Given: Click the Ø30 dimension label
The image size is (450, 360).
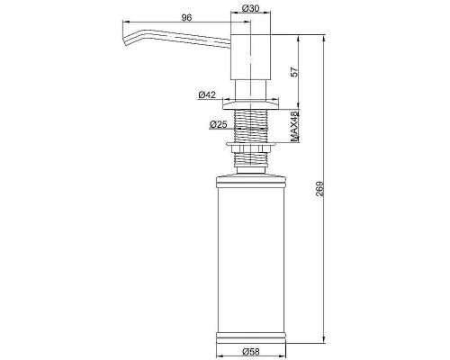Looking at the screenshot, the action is (250, 9).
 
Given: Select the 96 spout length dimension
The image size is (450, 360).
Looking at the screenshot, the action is (186, 18).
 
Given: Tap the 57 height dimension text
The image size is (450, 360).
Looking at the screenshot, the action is (295, 72).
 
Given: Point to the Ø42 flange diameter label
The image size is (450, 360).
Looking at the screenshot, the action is (207, 95).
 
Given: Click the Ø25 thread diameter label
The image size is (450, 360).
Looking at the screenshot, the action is (219, 124).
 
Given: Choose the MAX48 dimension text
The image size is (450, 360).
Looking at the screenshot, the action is (295, 126).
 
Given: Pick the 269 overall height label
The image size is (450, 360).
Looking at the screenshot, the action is (320, 189).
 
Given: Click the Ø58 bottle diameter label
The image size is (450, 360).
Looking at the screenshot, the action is (250, 351).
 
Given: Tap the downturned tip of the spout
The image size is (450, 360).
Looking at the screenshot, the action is (125, 42).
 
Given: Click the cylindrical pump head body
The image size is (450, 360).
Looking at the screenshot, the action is (250, 57).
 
